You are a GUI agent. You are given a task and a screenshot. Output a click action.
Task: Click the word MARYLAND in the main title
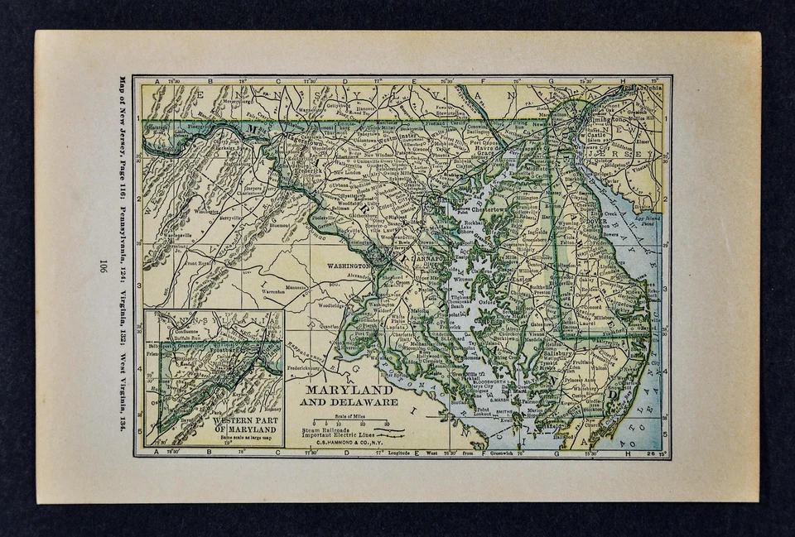(x=349, y=389)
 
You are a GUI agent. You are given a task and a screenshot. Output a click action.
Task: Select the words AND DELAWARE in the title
(x=348, y=402)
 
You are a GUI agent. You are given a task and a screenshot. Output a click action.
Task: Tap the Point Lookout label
(x=484, y=412)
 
